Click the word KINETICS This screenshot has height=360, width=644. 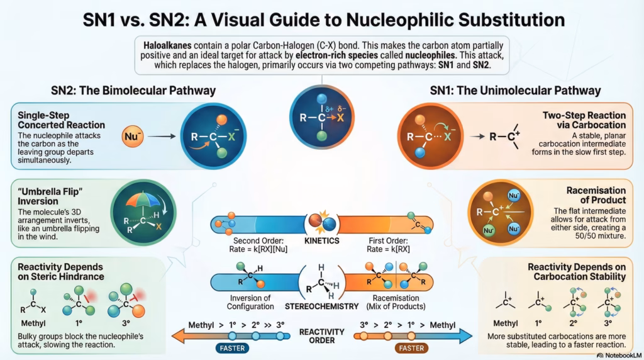[322, 241]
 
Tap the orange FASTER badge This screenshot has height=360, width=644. [413, 347]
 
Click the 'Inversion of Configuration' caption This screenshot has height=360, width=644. [243, 302]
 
